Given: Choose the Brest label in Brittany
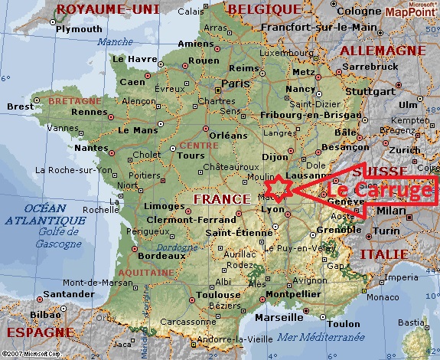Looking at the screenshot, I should (21, 106).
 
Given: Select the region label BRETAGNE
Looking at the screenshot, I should (75, 100).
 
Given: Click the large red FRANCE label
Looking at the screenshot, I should (223, 198).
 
